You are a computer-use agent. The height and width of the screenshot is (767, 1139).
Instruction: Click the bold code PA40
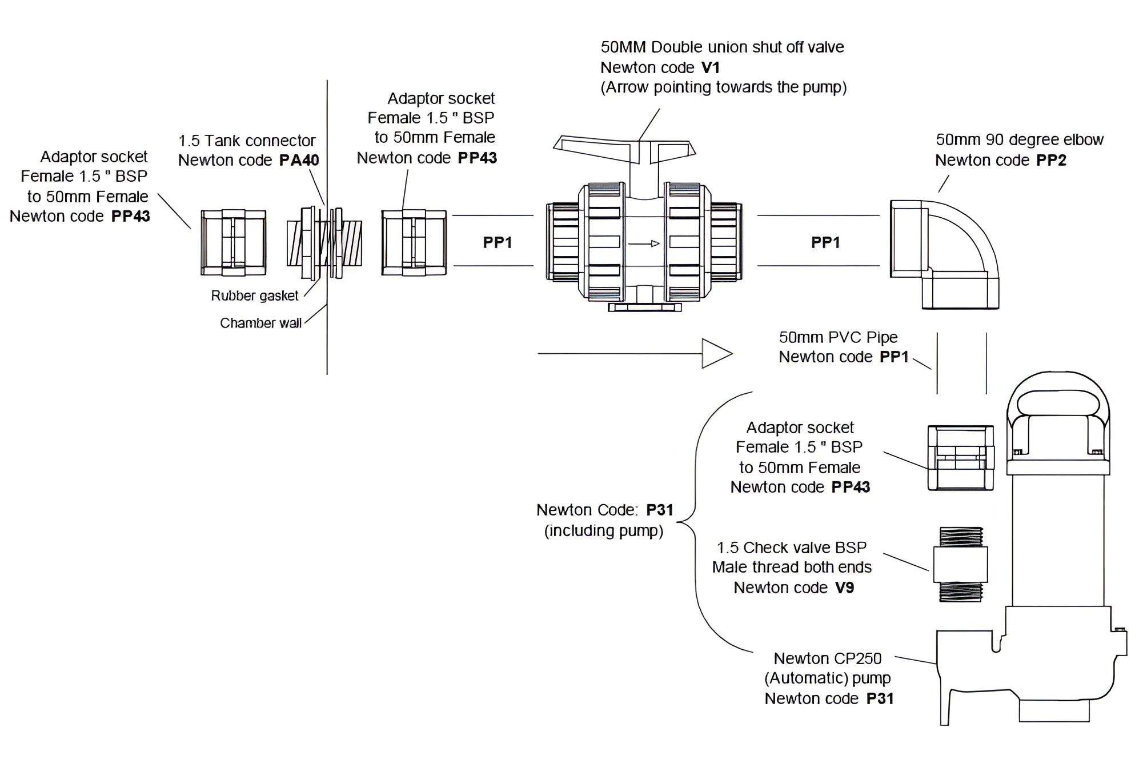(x=299, y=160)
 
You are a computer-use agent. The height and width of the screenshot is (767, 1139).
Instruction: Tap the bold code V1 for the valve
(x=710, y=67)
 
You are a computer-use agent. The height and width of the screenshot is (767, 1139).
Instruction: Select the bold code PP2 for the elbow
(x=1051, y=160)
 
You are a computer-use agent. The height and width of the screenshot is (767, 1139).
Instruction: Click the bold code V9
(x=844, y=588)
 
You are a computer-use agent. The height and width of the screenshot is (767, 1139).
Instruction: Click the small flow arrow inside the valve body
(x=644, y=243)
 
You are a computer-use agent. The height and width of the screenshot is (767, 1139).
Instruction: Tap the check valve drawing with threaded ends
(x=960, y=565)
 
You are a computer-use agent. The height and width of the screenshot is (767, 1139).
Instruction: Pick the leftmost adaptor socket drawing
(x=233, y=242)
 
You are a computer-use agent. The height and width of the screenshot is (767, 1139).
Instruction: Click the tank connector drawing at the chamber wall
(x=324, y=243)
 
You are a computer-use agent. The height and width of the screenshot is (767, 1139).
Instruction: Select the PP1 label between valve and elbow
(x=825, y=242)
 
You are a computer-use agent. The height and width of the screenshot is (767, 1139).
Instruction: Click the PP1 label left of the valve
(x=497, y=242)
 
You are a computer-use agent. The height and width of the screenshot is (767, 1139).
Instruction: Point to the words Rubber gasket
(x=254, y=295)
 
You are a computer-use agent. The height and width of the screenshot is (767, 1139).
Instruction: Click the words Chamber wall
(x=260, y=323)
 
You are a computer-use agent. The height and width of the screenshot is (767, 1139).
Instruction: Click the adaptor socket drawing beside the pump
(x=960, y=458)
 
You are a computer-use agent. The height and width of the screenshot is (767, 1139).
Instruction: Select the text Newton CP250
(x=827, y=658)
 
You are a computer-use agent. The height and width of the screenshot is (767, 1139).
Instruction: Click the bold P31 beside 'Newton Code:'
(x=659, y=510)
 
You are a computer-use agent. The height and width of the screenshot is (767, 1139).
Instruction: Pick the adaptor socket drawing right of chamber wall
(x=414, y=242)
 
